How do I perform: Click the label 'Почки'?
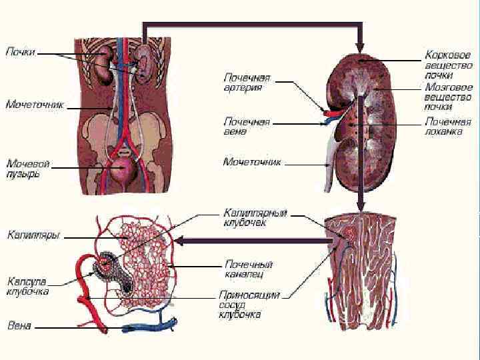21,51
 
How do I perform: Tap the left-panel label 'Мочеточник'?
35,105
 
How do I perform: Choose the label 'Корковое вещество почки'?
448,65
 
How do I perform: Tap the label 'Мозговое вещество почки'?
448,97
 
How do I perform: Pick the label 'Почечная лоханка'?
448,127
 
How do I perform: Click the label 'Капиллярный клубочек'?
255,218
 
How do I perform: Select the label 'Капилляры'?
34,235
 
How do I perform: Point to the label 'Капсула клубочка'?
28,286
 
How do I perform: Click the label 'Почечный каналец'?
248,269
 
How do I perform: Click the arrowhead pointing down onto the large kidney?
360,48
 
